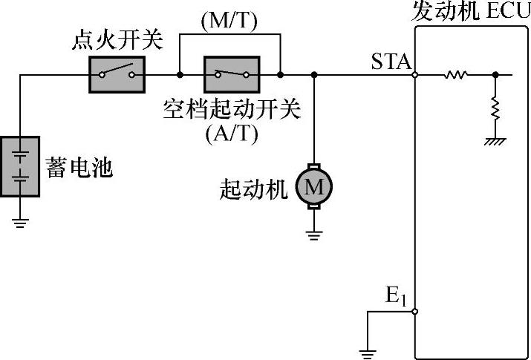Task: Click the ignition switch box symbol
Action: click(117, 74)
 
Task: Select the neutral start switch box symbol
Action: click(231, 74)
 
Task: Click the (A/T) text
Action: click(229, 135)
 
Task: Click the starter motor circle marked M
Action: click(314, 187)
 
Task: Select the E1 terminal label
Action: click(395, 296)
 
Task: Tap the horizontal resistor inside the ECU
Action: click(455, 74)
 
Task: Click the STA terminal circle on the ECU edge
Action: click(414, 74)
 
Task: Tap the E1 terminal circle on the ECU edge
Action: click(414, 312)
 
